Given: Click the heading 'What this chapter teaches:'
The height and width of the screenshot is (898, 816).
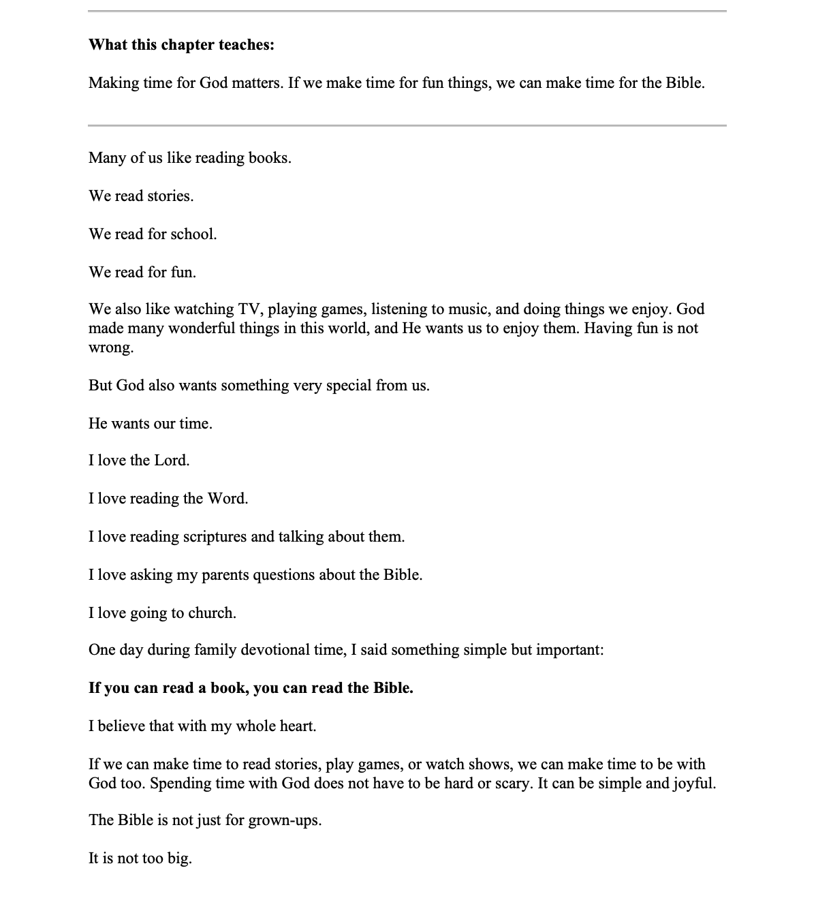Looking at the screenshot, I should [181, 45].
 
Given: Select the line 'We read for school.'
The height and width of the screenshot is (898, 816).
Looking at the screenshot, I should [153, 234].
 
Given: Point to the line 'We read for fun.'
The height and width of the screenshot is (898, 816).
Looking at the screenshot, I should [142, 273].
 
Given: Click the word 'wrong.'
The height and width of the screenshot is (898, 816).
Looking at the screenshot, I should [111, 347].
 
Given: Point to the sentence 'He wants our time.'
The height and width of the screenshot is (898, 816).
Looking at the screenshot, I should [151, 424].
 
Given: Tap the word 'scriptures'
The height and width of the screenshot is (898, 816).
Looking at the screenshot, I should [215, 537].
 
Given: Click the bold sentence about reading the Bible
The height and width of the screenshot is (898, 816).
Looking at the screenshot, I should [251, 688].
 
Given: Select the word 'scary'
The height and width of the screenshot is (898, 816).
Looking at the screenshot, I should [512, 784].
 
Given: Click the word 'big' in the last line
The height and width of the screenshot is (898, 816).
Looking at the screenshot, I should [178, 858].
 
